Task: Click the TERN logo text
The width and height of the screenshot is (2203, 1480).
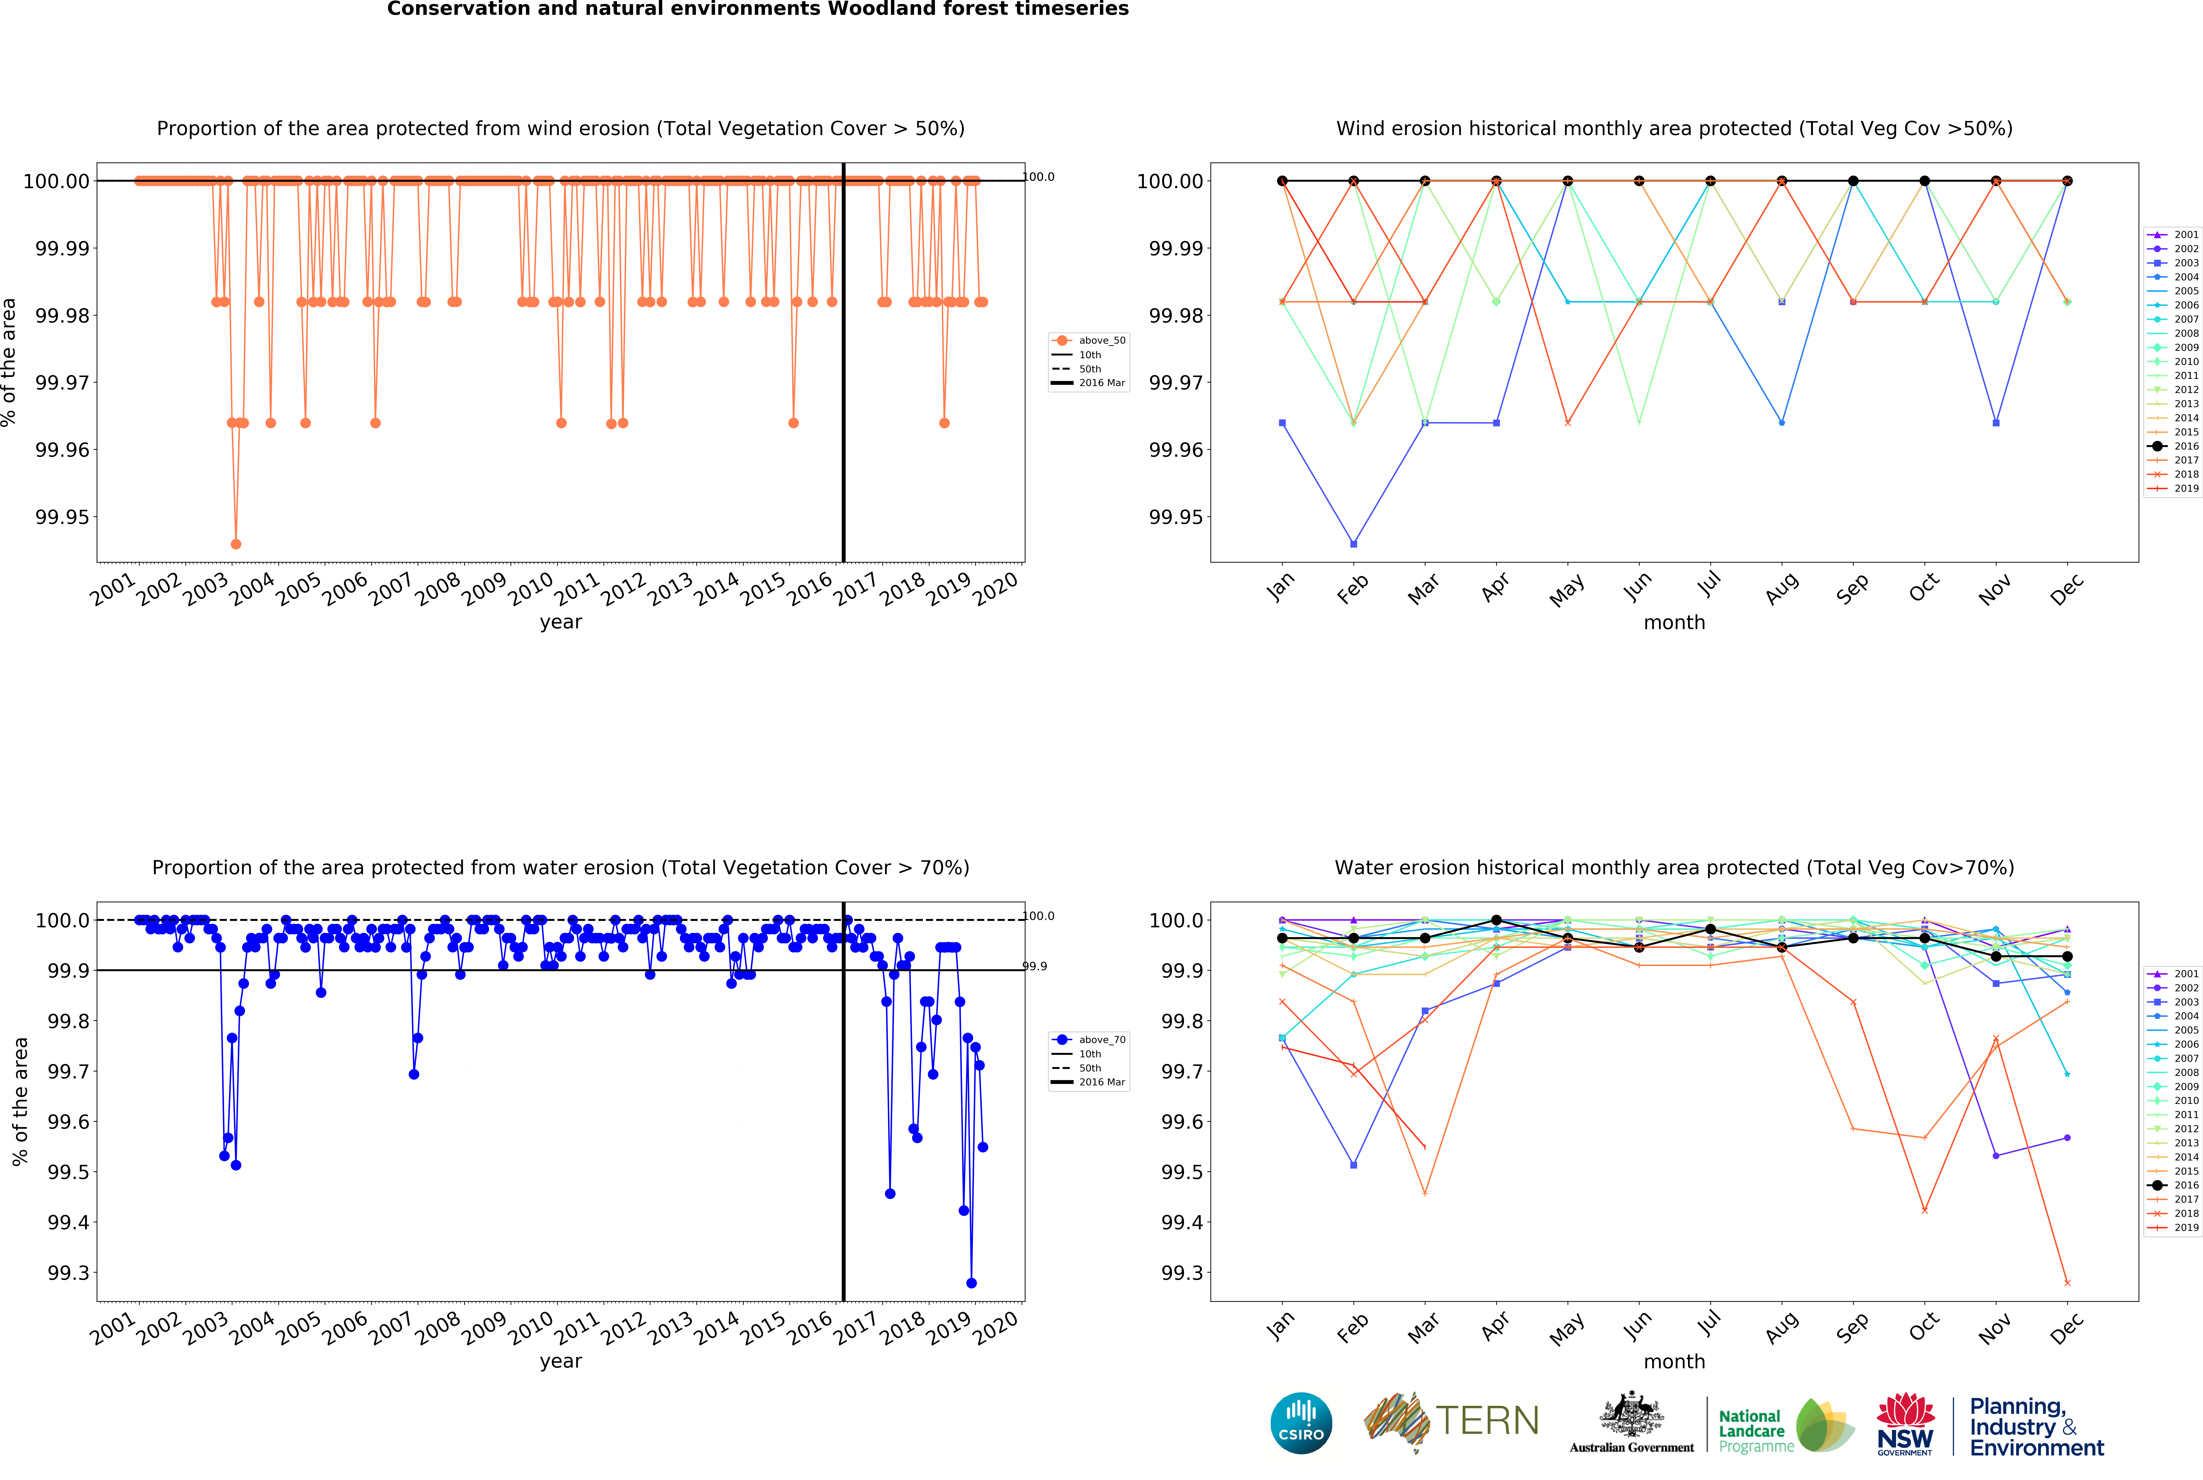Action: point(1487,1420)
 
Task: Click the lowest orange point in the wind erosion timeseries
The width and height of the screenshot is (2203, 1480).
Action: point(236,544)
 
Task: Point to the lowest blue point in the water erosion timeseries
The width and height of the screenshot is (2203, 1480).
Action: point(971,1283)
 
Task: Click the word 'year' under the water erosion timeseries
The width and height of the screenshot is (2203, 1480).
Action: point(561,1361)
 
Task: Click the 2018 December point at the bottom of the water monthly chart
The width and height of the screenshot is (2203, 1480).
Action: point(2067,1283)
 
